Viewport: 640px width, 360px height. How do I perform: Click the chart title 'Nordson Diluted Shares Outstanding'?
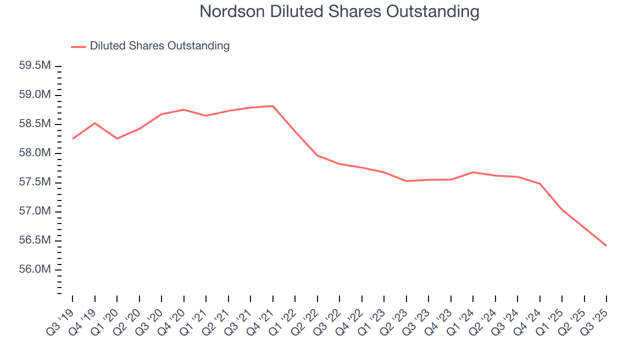point(339,11)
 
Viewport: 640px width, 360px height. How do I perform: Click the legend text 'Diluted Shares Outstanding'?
point(159,46)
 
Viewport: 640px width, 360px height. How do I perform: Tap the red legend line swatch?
point(78,46)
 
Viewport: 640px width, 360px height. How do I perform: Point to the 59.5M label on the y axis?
point(34,66)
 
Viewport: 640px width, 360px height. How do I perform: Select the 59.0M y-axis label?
point(34,95)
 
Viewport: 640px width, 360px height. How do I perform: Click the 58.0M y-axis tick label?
point(34,153)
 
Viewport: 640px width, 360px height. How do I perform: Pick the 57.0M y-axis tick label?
point(34,211)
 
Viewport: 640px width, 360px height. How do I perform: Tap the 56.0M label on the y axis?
point(34,269)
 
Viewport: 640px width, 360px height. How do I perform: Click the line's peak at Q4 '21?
point(273,106)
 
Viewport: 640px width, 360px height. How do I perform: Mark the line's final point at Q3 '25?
point(606,245)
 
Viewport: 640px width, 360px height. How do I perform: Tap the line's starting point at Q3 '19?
point(72,138)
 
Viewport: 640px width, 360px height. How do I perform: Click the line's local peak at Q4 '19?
point(95,123)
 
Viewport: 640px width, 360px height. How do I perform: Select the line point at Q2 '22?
point(317,155)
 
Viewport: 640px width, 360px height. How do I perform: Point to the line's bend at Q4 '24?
point(540,183)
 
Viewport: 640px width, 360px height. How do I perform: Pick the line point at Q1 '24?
point(473,172)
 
